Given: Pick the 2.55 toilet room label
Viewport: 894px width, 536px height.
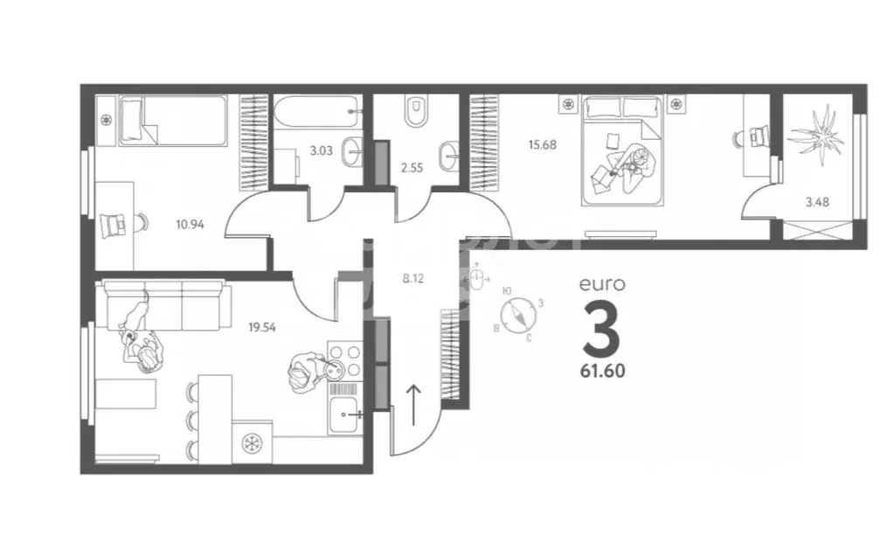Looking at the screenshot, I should pyautogui.click(x=410, y=168).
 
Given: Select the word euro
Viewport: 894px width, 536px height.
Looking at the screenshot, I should pyautogui.click(x=602, y=283).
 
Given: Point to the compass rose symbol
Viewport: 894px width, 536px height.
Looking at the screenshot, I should pyautogui.click(x=517, y=315).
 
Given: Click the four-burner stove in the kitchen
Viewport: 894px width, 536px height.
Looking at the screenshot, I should pyautogui.click(x=343, y=358).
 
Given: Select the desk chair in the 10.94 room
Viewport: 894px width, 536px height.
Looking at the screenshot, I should pyautogui.click(x=115, y=225).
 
